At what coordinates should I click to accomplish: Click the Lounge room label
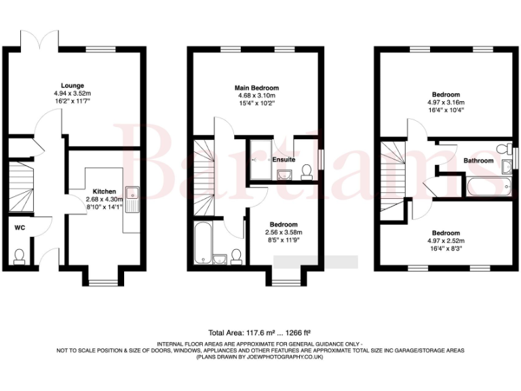point(72,86)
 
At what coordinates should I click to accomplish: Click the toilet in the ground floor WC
point(20,255)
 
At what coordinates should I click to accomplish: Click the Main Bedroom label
point(256,88)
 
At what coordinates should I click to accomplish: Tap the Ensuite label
point(284,160)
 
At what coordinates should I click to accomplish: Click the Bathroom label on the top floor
point(478,161)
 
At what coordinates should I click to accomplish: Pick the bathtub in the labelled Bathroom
point(483,187)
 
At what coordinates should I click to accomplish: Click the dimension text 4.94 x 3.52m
point(72,93)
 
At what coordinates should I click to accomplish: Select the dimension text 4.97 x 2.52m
point(446,240)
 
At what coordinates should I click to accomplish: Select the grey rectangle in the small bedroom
point(315,261)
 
